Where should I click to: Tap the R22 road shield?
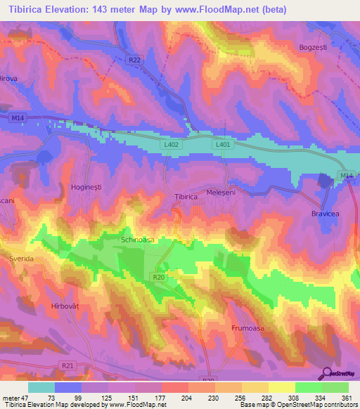pyautogui.click(x=134, y=61)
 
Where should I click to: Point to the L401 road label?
pyautogui.click(x=223, y=144)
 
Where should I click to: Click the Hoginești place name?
pyautogui.click(x=87, y=187)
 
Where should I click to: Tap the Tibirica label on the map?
pyautogui.click(x=186, y=197)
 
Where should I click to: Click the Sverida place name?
pyautogui.click(x=21, y=259)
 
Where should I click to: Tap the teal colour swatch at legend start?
pyautogui.click(x=41, y=387)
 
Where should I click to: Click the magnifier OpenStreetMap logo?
pyautogui.click(x=327, y=373)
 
